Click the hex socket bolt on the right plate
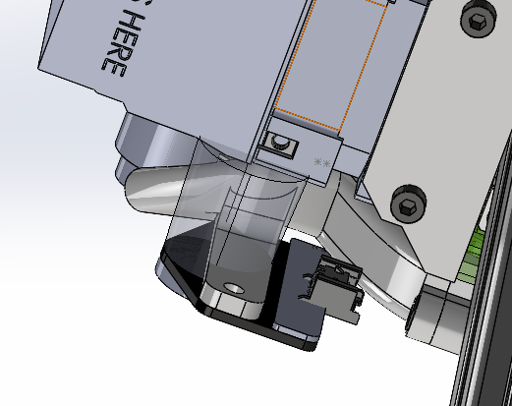[406, 203]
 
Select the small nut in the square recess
[278, 146]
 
